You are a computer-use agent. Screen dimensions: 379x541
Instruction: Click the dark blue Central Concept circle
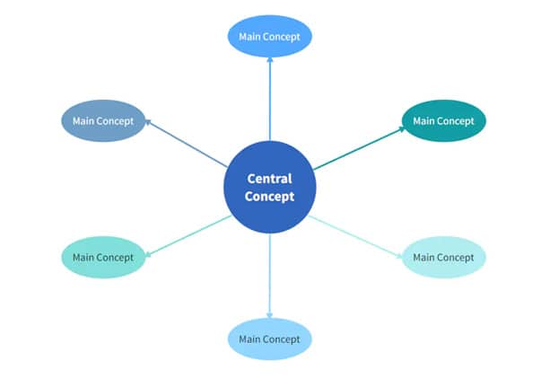[x=269, y=187]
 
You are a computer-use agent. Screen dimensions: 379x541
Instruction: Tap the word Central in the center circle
[x=269, y=179]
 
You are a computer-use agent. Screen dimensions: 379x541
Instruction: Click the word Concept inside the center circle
[x=269, y=196]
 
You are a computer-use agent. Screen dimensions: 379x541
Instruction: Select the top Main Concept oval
[x=269, y=37]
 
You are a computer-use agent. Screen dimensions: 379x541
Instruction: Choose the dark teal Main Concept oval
[x=443, y=120]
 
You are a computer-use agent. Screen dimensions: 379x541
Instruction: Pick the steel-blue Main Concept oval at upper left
[x=103, y=120]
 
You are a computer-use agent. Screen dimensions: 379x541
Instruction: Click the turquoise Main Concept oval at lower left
[x=103, y=257]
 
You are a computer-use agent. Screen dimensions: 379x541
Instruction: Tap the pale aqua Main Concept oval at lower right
[x=443, y=257]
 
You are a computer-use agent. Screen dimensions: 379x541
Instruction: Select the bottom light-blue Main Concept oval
[x=269, y=339]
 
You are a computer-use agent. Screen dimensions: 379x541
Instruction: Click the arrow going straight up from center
[x=269, y=99]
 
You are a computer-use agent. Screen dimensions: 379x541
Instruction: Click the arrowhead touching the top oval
[x=269, y=61]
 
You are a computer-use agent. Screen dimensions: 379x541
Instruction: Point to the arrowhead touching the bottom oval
[x=269, y=313]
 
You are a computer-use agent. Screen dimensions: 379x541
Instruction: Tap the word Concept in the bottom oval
[x=284, y=339]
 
